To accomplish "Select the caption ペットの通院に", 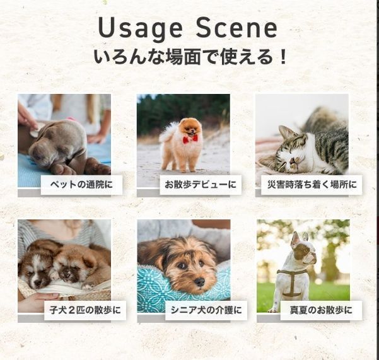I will click(x=81, y=185).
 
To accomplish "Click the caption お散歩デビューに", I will click(x=200, y=185).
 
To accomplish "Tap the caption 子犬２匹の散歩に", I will click(x=85, y=310).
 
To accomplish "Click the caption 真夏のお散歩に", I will click(x=321, y=310).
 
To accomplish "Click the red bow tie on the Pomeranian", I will click(x=190, y=138).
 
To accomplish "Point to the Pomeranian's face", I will click(x=190, y=127).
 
